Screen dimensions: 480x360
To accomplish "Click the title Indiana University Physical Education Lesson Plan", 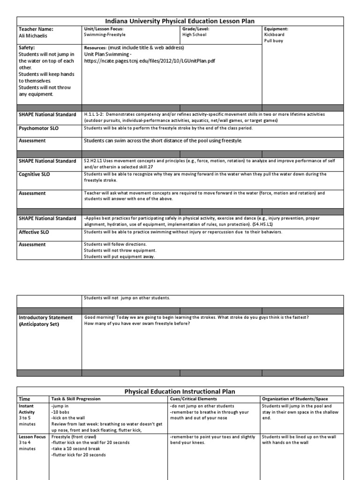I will click(x=180, y=21).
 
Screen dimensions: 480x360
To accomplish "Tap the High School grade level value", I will click(x=195, y=35).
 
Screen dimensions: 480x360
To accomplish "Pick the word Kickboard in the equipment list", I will click(x=275, y=35).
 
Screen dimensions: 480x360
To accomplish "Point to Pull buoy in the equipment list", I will click(x=274, y=41).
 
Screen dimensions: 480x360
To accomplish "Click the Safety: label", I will click(x=27, y=48).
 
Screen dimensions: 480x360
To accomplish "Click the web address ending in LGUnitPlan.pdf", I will click(x=150, y=61).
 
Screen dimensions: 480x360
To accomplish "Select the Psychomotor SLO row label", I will click(x=39, y=128).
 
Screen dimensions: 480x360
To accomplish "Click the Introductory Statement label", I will click(x=45, y=317).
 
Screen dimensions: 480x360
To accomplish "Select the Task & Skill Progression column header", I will click(x=75, y=399).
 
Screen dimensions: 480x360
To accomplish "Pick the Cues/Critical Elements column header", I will click(x=194, y=399).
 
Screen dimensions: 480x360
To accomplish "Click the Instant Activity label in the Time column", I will click(x=27, y=409).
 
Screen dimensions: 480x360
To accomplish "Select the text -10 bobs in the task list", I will click(x=60, y=412).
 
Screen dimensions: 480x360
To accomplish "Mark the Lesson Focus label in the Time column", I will click(x=32, y=436).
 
